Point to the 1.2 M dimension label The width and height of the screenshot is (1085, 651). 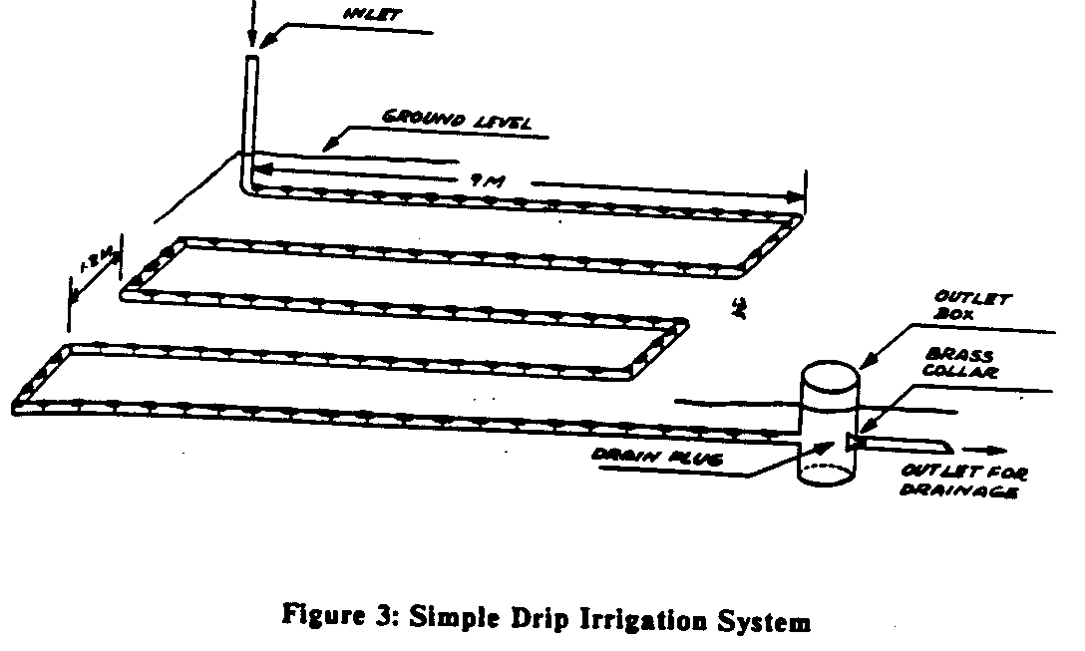[x=95, y=266]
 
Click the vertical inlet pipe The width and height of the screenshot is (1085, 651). [x=250, y=120]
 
